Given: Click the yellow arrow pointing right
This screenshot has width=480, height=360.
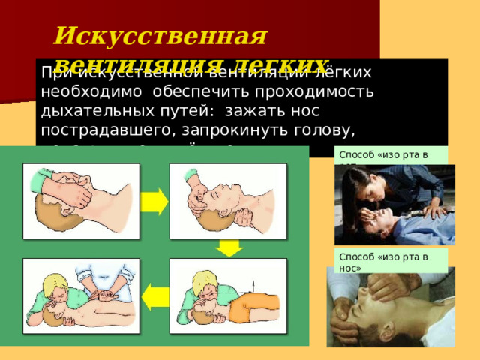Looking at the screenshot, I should point(154,200).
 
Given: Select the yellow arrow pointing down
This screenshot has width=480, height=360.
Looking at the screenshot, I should point(229,247).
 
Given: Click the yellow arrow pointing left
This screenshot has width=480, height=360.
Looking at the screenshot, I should point(155,295).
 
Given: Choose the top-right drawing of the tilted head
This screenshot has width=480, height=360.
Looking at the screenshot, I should point(228,199).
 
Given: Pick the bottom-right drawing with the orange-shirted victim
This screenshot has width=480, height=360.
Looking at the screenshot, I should point(228,294).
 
